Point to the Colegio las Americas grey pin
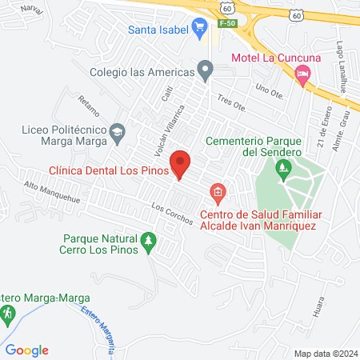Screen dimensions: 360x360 [206, 72]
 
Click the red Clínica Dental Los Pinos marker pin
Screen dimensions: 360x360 [181, 164]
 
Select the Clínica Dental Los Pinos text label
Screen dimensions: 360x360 [109, 170]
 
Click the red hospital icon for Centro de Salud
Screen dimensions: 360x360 [217, 192]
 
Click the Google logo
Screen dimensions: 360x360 [28, 350]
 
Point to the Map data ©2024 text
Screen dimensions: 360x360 [325, 353]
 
